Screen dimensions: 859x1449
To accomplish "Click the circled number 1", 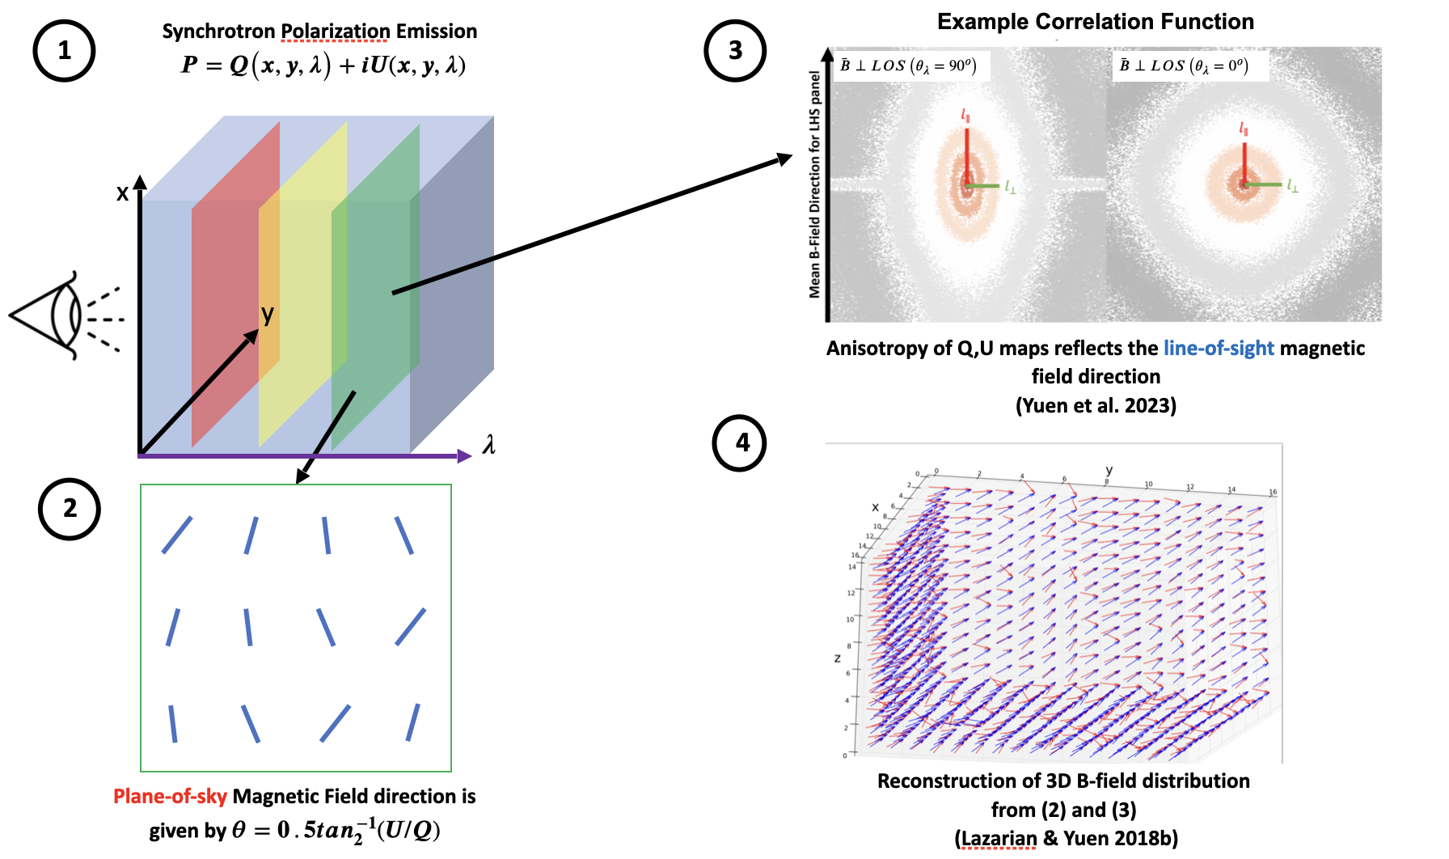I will click(x=64, y=51).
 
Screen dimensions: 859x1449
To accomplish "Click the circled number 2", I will click(x=70, y=509).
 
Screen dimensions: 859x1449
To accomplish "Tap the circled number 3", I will click(x=735, y=51).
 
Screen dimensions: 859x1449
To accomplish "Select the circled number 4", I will click(x=742, y=442).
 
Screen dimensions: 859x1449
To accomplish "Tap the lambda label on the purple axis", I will click(x=488, y=445).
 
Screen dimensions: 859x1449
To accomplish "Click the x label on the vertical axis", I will click(x=122, y=193).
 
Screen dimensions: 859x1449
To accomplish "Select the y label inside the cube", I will click(x=268, y=314).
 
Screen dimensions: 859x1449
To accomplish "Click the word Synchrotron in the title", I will click(x=219, y=32).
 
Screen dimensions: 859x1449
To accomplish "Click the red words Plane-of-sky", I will click(x=170, y=797).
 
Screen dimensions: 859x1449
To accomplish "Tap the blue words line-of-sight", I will click(x=1219, y=349).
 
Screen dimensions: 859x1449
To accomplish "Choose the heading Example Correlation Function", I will click(x=1095, y=22).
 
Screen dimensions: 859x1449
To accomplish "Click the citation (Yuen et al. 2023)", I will click(x=1096, y=405).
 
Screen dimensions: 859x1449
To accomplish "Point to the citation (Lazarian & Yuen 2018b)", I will click(x=1066, y=839).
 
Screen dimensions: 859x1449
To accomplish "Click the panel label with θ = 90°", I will click(x=908, y=66).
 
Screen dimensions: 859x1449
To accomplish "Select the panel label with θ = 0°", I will click(x=1184, y=66).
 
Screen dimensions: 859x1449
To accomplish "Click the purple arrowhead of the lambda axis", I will click(x=464, y=456).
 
